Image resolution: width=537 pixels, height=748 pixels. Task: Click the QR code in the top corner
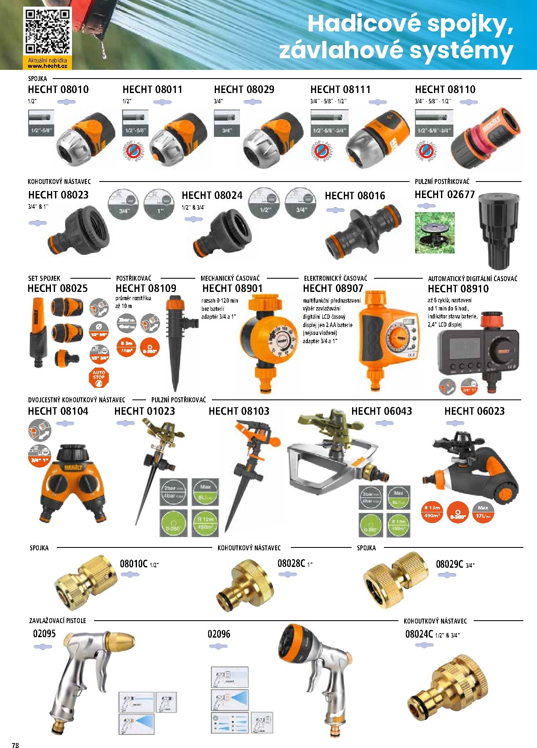[47, 31]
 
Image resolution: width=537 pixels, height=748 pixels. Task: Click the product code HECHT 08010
[58, 89]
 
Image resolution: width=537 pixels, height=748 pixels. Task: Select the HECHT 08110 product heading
[445, 89]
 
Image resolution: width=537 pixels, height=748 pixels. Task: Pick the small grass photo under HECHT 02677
[434, 233]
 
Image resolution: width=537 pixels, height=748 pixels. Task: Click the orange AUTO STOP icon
[98, 377]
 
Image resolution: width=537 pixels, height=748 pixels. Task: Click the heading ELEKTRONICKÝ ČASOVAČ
[335, 278]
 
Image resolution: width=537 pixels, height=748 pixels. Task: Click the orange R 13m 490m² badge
[432, 511]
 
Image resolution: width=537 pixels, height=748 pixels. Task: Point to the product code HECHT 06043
[381, 411]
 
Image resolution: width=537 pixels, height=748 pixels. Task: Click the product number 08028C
[291, 563]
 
